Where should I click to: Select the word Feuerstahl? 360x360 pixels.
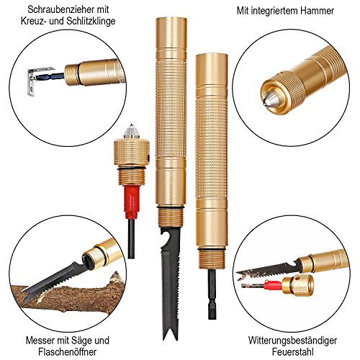pos(293,351)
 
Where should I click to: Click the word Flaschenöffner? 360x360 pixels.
pos(68,351)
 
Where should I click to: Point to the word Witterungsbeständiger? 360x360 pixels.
pos(292,341)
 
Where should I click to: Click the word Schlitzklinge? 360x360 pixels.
pos(91,21)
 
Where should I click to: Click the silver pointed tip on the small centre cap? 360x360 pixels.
pos(131,131)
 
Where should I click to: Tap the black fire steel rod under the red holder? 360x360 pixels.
pos(131,238)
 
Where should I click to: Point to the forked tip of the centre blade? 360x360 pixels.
pos(171,331)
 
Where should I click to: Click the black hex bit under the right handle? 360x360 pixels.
pos(212,294)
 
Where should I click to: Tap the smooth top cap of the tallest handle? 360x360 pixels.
pos(171,33)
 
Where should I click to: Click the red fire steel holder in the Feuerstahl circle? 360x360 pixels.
pos(272,285)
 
